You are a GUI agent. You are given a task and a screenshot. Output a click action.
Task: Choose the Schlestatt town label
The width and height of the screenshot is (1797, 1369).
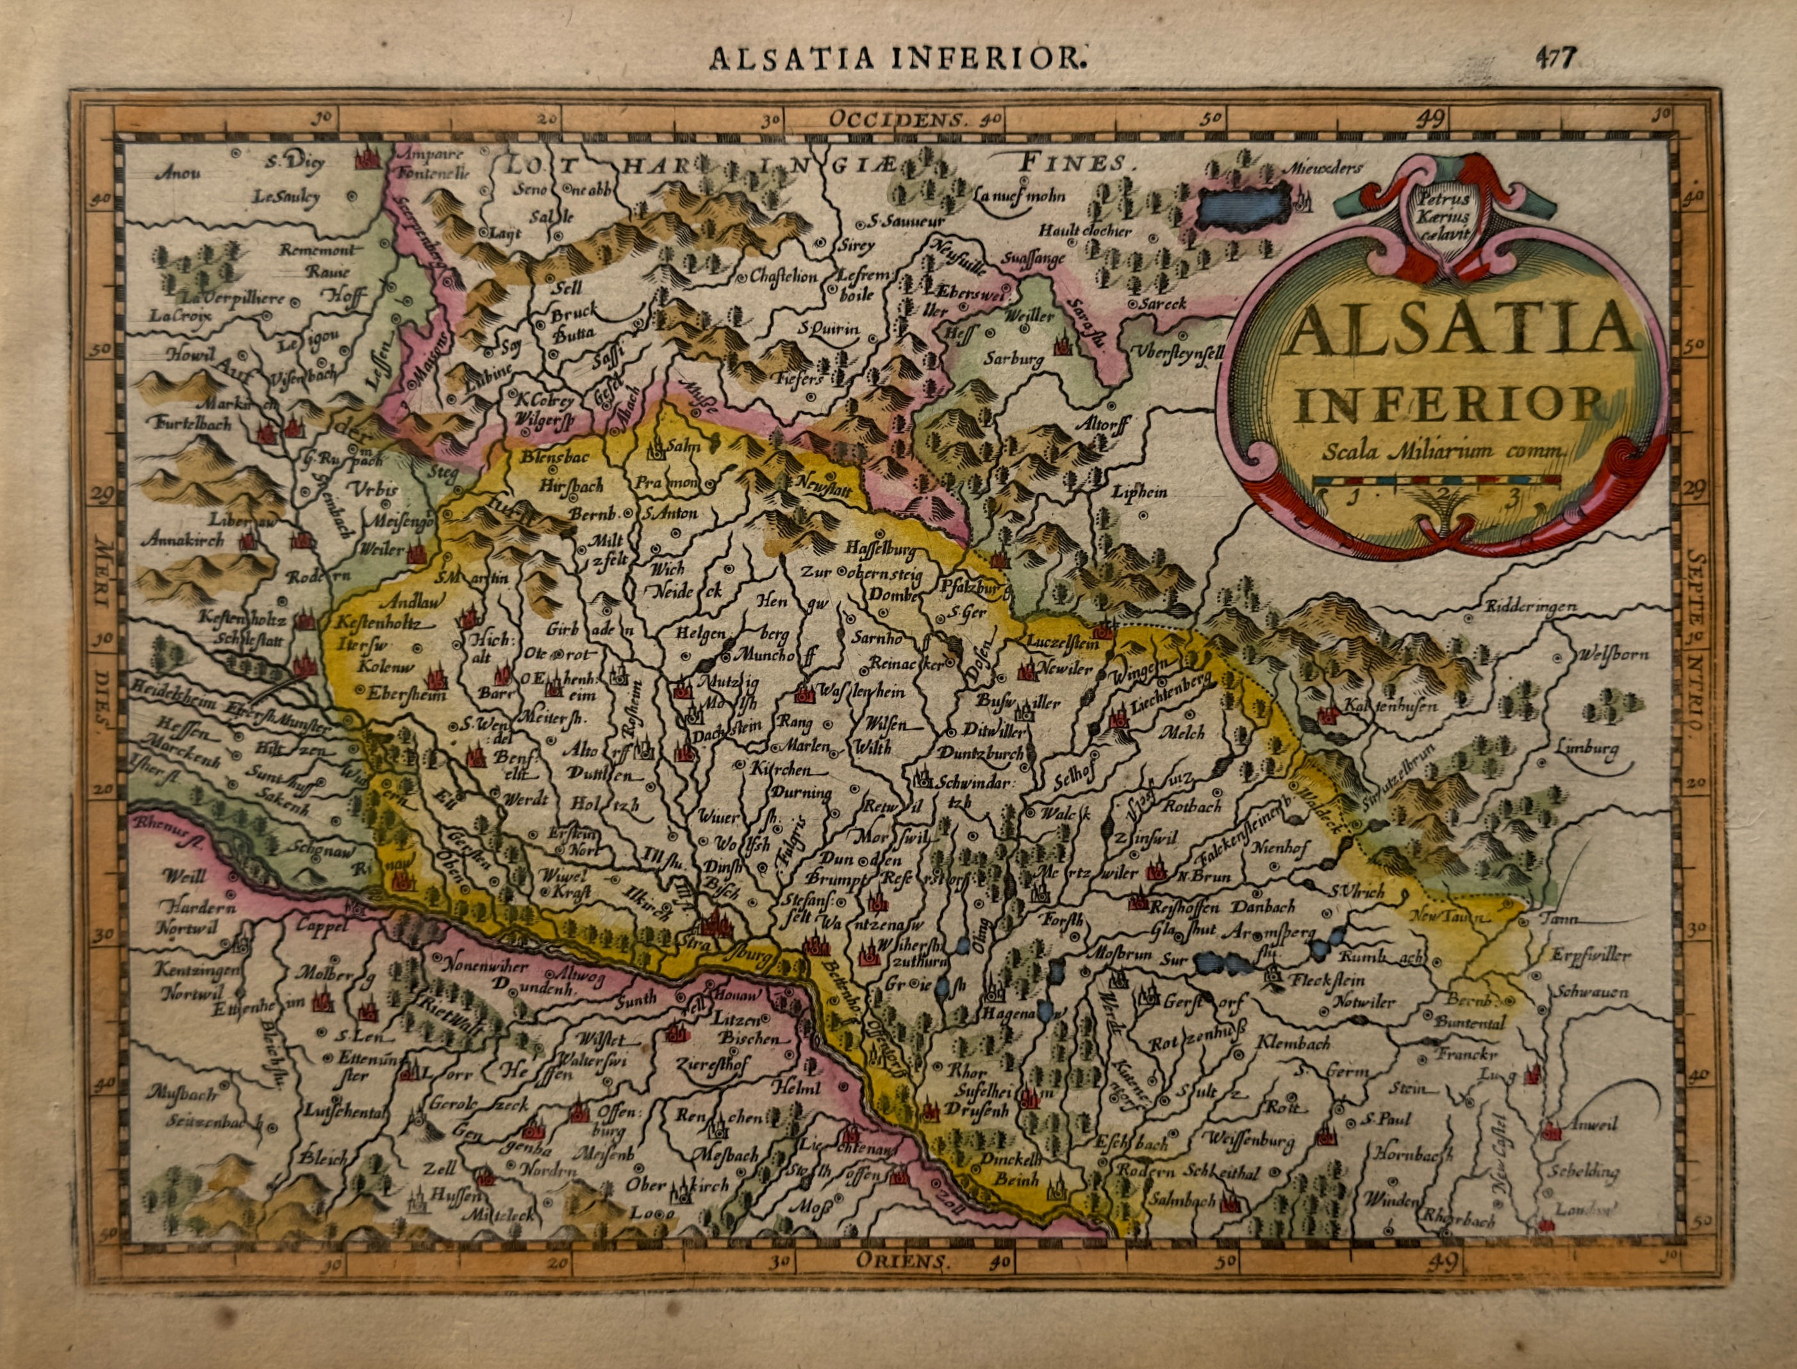[x=249, y=641]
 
